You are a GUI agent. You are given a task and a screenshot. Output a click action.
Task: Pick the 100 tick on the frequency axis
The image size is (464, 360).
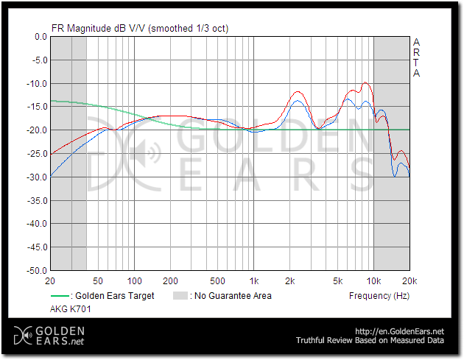(x=134, y=281)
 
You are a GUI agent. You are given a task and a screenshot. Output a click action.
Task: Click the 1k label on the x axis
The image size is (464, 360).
(x=254, y=281)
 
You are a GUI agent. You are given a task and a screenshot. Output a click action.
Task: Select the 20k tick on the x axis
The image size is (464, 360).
(x=409, y=281)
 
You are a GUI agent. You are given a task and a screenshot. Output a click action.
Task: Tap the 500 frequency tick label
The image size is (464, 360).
(x=217, y=281)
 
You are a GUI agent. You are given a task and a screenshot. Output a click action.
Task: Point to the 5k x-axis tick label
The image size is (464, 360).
(x=337, y=281)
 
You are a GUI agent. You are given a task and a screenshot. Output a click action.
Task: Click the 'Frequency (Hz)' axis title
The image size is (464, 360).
(x=379, y=296)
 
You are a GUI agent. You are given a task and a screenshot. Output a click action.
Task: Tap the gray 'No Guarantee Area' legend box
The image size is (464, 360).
(x=180, y=296)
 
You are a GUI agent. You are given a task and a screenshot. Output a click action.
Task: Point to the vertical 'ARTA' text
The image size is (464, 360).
(x=417, y=57)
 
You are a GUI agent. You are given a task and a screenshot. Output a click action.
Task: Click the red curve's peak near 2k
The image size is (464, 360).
(x=298, y=91)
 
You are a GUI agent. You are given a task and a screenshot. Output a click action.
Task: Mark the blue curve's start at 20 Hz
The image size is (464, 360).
(x=51, y=177)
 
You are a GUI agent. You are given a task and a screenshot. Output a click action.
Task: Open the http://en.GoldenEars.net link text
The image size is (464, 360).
(x=402, y=331)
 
